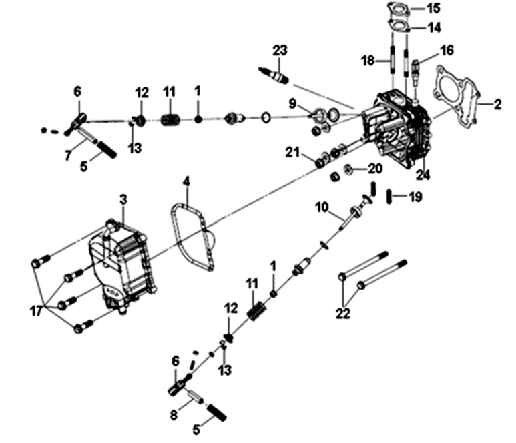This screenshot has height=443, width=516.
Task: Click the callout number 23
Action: [x=279, y=50]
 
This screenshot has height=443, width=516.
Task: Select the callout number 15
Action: [x=434, y=9]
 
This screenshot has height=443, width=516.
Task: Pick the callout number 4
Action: [x=187, y=181]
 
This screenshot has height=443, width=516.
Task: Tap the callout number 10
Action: [x=322, y=207]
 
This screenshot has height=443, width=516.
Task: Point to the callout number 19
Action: [x=415, y=197]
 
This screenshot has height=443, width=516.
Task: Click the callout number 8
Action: [x=173, y=415]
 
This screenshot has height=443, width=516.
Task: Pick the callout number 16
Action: [x=446, y=49]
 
